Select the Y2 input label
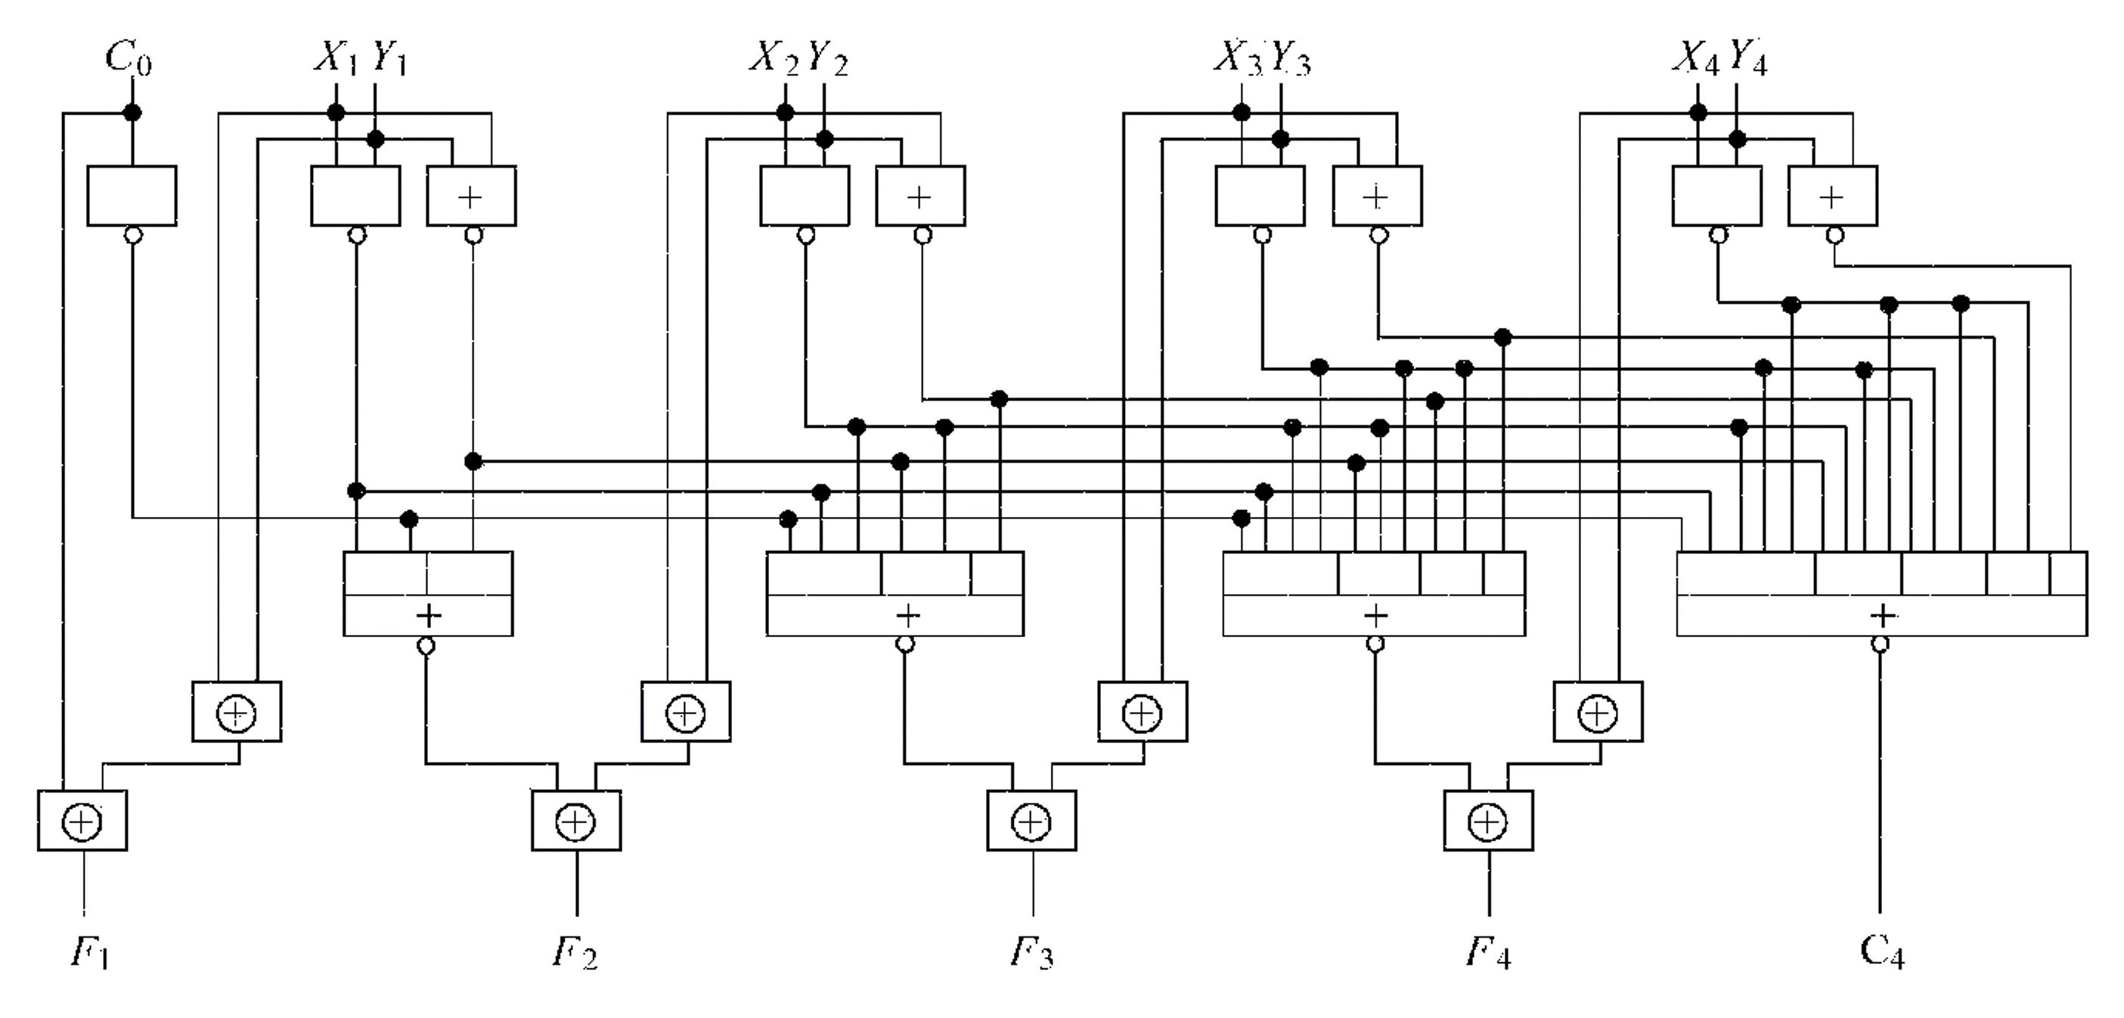pos(828,60)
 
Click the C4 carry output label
pos(1881,951)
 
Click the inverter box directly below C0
pos(132,195)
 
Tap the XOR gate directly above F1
pos(82,821)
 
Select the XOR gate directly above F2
pos(575,821)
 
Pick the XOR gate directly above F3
pos(1031,821)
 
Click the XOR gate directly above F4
pos(1488,821)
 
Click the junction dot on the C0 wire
pos(132,113)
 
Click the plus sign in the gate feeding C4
pos(1881,616)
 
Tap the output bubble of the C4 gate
pos(1881,645)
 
